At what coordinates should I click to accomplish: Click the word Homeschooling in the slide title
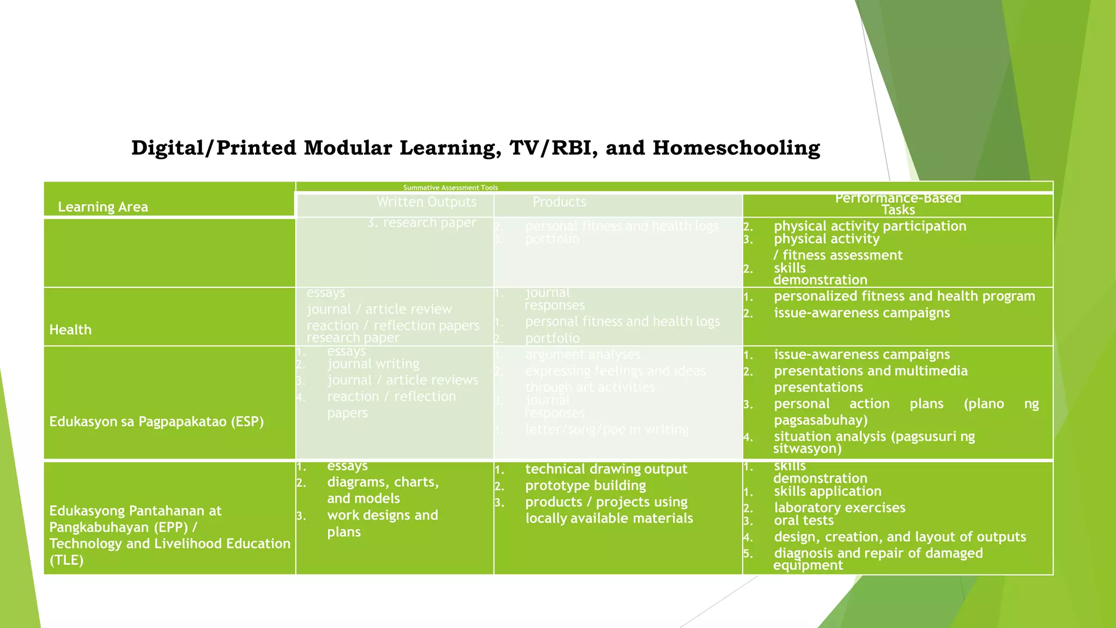736,148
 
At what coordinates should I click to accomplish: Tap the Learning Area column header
103,207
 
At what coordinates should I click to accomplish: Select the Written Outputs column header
426,202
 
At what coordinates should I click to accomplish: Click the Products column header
559,202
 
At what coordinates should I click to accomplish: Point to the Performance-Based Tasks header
897,204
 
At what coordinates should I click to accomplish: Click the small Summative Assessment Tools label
450,188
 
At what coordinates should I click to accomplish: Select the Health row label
70,330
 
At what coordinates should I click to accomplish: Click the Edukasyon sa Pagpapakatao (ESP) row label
156,421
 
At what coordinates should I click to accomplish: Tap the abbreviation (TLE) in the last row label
66,560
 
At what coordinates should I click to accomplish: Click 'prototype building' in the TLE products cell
585,486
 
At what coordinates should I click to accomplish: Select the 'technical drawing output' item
606,469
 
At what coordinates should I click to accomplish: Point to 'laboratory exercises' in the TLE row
839,508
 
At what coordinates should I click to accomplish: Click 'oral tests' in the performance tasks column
804,521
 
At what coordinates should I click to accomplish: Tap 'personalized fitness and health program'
904,297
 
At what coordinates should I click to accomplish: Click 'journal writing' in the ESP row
373,364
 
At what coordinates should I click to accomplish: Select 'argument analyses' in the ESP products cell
583,355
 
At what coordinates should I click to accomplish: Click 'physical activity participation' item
870,226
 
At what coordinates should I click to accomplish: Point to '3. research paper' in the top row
422,222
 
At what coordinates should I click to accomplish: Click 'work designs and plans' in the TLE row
382,523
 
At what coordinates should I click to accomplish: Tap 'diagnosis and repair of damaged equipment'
878,558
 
